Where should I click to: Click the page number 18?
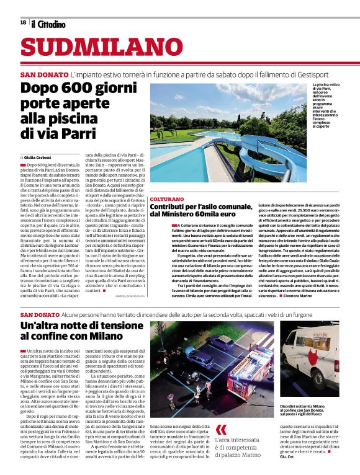click(x=23, y=22)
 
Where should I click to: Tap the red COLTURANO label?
click(x=167, y=199)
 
